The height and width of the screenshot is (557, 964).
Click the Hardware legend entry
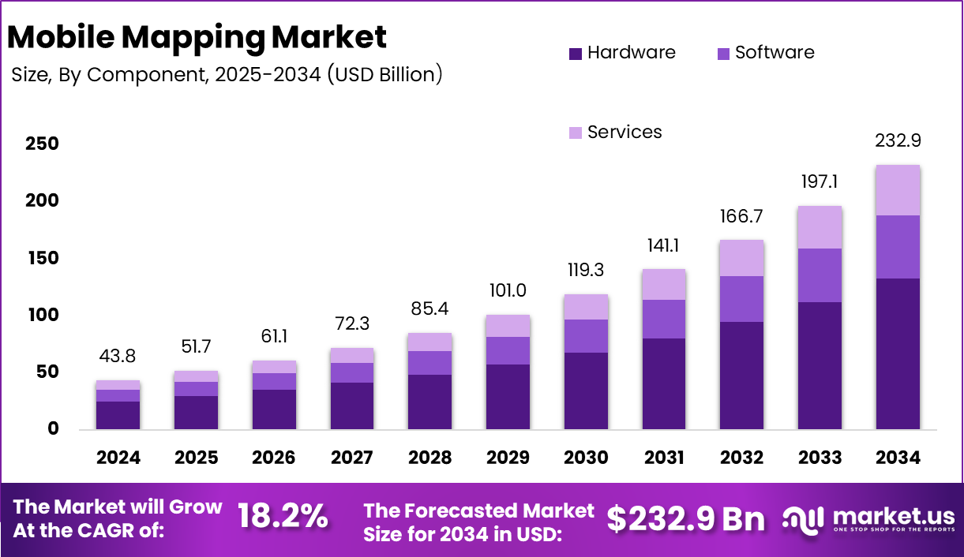click(x=622, y=53)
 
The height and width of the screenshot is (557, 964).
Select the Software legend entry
click(x=765, y=53)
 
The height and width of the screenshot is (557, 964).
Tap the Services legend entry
click(x=615, y=133)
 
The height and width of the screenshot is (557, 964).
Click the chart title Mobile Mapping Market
click(x=197, y=37)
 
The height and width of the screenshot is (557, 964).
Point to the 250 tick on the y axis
click(x=42, y=144)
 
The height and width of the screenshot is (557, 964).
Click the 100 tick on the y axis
click(x=42, y=315)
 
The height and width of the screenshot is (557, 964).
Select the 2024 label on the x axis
click(x=118, y=458)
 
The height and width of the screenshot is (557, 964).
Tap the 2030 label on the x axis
click(x=586, y=458)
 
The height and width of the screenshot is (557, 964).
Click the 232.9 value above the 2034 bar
click(x=898, y=141)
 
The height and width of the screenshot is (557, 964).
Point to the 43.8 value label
click(x=118, y=357)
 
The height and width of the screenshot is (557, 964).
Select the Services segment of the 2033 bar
click(x=820, y=227)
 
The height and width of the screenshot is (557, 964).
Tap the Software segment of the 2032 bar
click(x=741, y=299)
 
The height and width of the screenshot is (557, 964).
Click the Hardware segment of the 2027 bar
click(x=352, y=406)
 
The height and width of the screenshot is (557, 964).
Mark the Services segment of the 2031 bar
click(x=663, y=285)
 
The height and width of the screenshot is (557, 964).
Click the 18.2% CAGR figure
click(x=283, y=518)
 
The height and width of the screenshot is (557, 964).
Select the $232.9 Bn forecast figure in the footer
click(x=685, y=518)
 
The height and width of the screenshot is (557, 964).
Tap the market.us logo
click(x=868, y=518)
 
